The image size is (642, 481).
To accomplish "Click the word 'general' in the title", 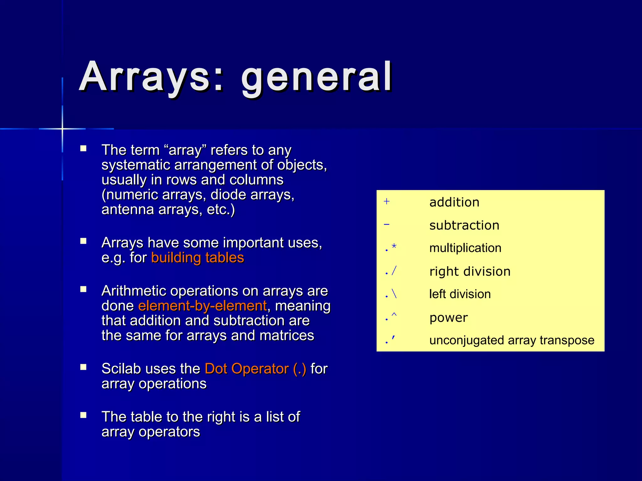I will pos(317,78).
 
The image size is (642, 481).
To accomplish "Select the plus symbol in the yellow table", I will pos(387,201).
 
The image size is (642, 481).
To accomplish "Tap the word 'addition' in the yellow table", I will pos(454,202).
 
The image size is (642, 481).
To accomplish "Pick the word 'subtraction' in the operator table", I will pos(464,225).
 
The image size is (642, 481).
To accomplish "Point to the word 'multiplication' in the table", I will pos(465,248).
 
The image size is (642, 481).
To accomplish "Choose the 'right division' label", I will pos(470,272).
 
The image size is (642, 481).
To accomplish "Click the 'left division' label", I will pos(460,294).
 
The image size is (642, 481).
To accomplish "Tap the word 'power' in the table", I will pos(449,318).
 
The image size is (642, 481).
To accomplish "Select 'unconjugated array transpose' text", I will pos(512,340).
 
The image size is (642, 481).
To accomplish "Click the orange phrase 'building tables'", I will pos(197,258).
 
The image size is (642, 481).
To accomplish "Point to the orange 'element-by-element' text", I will pos(203,306).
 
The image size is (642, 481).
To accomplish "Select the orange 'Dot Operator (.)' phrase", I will pos(255,369).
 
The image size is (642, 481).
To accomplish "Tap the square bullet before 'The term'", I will pos(83,148).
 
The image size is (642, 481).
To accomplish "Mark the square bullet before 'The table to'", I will pos(83,415).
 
